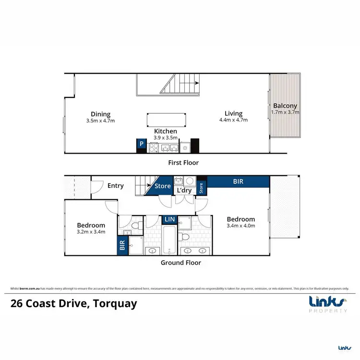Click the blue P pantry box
(x=142, y=143)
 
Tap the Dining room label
(x=101, y=114)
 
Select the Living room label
(x=233, y=113)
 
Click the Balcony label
(x=285, y=106)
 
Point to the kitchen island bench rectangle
(x=166, y=119)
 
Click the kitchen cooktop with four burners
(x=155, y=148)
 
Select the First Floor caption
(x=183, y=163)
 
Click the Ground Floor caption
(x=181, y=263)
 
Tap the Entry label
(x=115, y=186)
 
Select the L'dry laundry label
(x=184, y=191)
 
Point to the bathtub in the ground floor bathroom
(x=169, y=239)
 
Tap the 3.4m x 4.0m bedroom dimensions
(x=240, y=226)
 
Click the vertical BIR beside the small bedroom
(x=122, y=245)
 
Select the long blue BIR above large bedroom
(x=238, y=182)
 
